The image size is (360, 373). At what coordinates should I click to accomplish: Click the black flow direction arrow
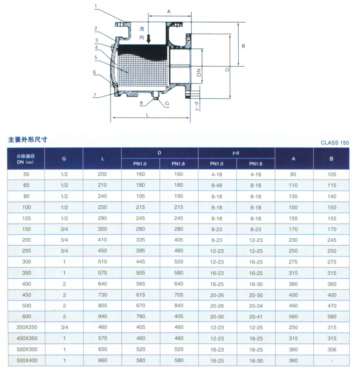[x=148, y=38]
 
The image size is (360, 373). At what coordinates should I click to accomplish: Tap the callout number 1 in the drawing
[x=96, y=6]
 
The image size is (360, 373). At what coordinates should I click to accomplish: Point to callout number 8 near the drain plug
[x=142, y=103]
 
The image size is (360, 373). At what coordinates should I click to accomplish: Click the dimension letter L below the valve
[x=147, y=114]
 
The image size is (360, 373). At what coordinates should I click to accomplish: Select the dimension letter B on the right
[x=243, y=46]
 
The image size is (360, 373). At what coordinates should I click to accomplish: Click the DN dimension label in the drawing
[x=199, y=73]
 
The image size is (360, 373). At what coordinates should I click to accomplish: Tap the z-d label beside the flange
[x=197, y=107]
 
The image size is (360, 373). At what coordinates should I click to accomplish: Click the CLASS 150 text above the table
[x=335, y=143]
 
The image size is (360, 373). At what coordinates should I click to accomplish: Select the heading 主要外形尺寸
[x=28, y=140]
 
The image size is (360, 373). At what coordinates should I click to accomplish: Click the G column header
[x=64, y=159]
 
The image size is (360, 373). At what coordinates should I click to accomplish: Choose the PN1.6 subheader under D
[x=179, y=164]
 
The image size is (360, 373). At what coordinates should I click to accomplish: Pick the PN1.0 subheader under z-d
[x=216, y=164]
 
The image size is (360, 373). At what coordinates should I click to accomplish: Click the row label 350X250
[x=27, y=327]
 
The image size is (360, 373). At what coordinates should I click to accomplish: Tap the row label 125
[x=27, y=218]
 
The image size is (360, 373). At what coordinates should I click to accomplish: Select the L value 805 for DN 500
[x=103, y=305]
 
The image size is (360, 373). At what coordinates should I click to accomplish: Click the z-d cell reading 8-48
[x=216, y=186]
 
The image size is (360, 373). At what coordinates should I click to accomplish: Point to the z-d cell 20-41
[x=255, y=317]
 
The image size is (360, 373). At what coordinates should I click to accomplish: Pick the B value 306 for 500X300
[x=332, y=349]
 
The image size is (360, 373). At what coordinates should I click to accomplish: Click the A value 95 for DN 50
[x=293, y=174]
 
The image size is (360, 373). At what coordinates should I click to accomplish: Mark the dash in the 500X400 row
[x=332, y=361]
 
